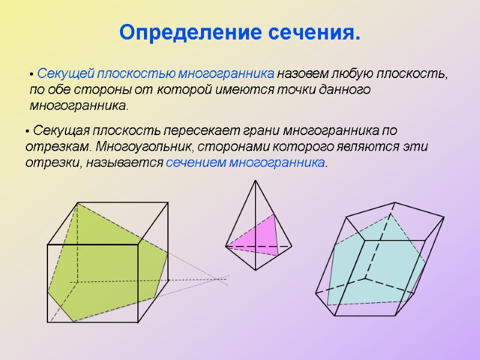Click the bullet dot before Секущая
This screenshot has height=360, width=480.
[x=28, y=131]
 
